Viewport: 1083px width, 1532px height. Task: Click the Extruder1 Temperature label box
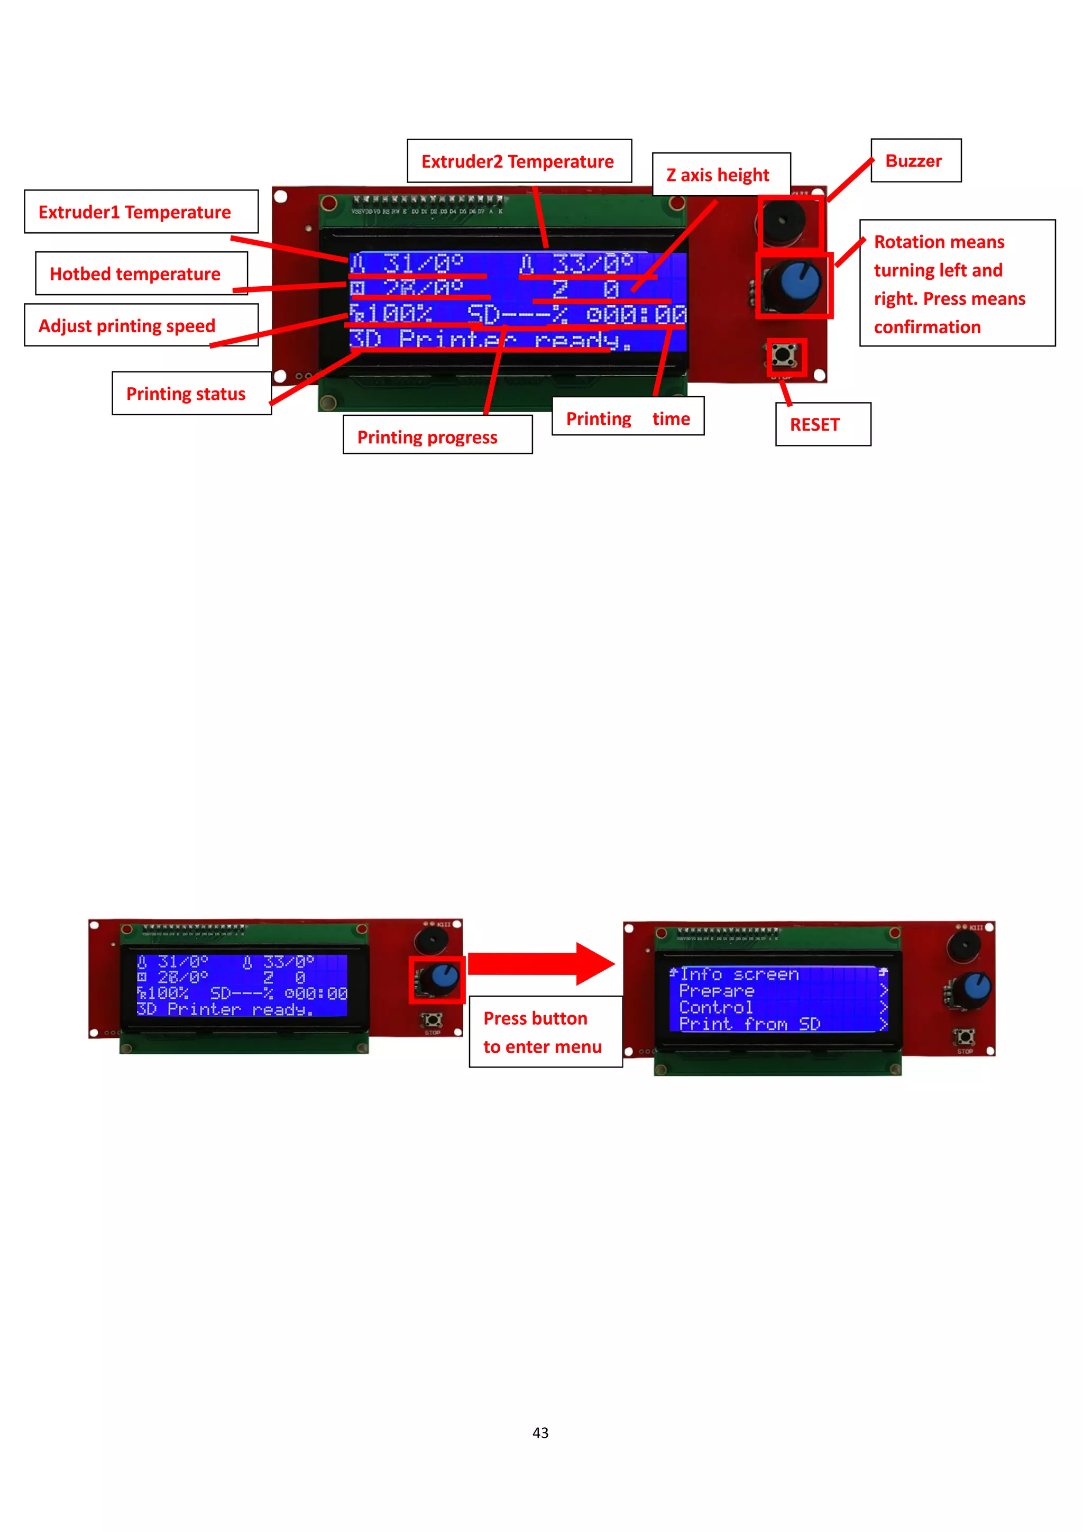tap(141, 212)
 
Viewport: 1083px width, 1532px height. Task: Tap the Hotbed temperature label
tap(141, 273)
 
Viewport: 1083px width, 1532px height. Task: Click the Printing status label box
tap(191, 394)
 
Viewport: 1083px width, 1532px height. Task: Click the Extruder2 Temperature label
tap(519, 161)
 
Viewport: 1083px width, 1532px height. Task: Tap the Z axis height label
tap(721, 174)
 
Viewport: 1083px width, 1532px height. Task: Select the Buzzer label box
tap(915, 160)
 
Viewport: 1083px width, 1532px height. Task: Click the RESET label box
tap(822, 424)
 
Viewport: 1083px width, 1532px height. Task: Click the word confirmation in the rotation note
tap(927, 327)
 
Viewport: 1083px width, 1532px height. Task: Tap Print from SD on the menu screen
tap(749, 1024)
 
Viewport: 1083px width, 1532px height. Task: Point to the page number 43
tap(540, 1433)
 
